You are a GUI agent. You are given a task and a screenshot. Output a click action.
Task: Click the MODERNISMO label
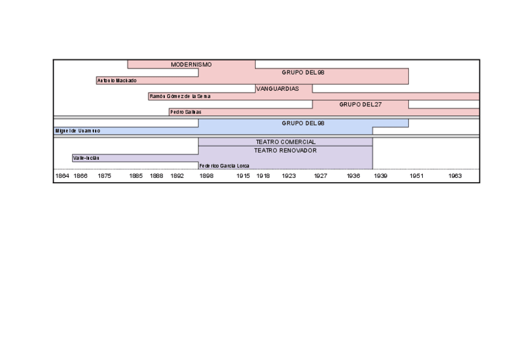(191, 64)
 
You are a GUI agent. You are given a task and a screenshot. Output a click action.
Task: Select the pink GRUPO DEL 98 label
(303, 72)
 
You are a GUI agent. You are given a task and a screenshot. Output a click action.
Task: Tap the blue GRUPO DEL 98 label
(303, 123)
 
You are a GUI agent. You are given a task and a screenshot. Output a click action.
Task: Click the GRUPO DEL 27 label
(360, 104)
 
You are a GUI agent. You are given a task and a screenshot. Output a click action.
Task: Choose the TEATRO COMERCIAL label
(286, 142)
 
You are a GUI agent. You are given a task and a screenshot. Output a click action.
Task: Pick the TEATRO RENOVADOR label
(285, 150)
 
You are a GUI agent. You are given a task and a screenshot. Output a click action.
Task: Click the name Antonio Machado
(117, 81)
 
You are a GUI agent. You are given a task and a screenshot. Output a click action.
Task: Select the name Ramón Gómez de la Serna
(180, 96)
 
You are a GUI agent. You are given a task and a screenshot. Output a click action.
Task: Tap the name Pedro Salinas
(185, 112)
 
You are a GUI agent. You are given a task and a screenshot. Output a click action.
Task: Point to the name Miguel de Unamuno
(78, 130)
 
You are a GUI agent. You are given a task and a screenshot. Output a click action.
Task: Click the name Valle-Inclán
(86, 158)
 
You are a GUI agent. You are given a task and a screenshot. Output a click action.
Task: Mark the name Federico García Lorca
(224, 166)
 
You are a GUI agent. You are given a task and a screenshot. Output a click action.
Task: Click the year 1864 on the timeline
(62, 176)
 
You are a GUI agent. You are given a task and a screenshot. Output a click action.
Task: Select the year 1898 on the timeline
(206, 176)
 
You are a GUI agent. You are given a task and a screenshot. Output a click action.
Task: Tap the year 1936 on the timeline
(354, 176)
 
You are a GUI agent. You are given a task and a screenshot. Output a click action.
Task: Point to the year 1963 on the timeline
(455, 176)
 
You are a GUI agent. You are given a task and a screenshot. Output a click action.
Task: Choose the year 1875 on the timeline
(104, 176)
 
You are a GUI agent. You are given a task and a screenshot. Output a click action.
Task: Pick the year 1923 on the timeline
(289, 176)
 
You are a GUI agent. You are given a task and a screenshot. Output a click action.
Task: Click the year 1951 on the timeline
(417, 176)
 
